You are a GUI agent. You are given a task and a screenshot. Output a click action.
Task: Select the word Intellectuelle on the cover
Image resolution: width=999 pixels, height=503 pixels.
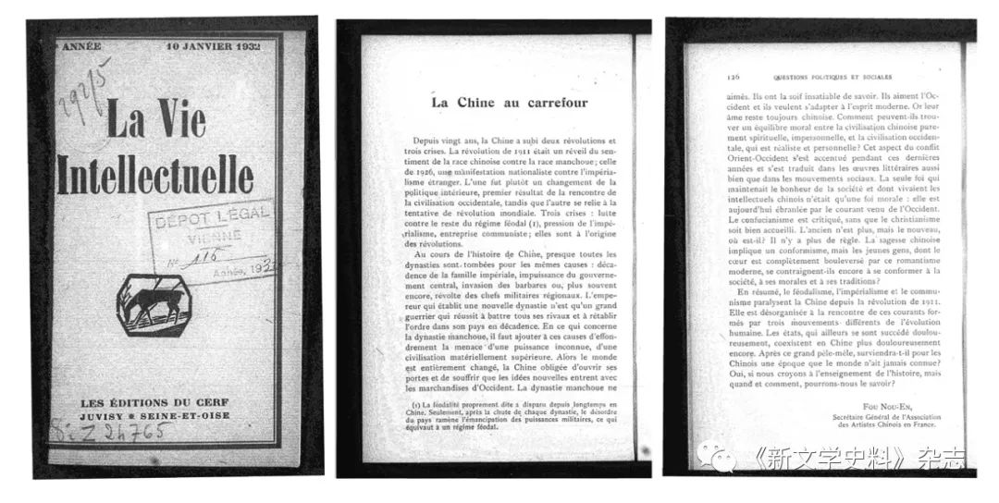(x=155, y=174)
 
